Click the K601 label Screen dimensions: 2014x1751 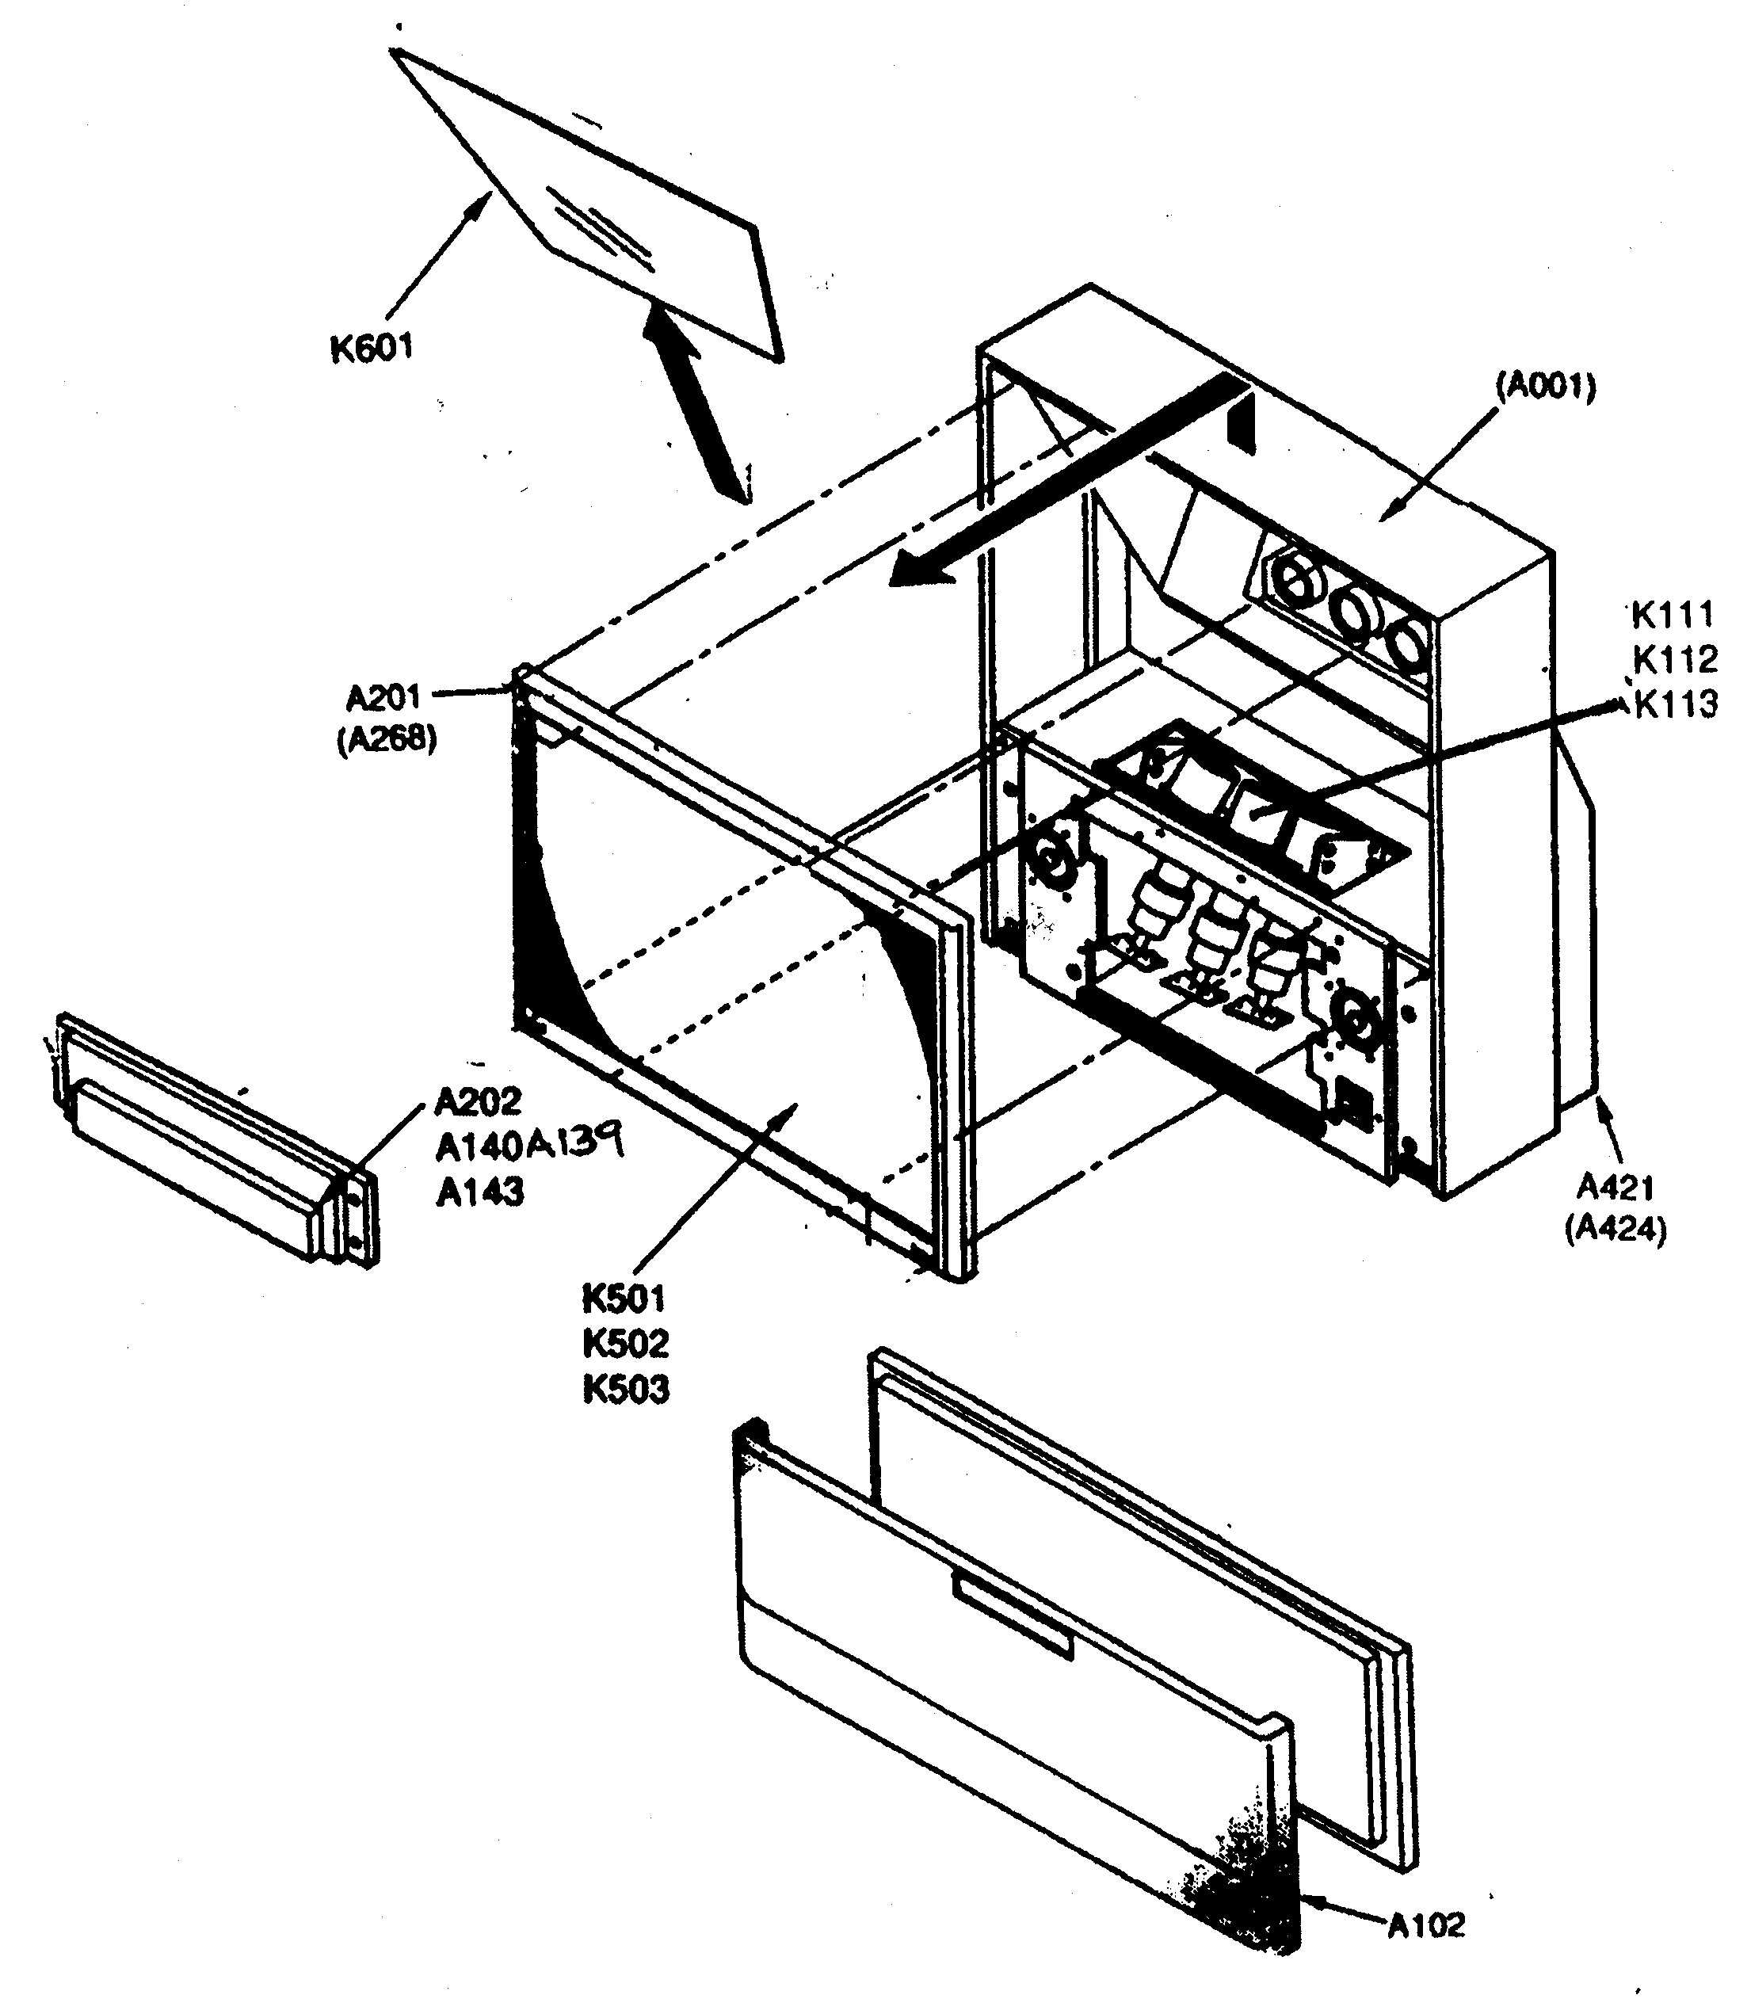(x=372, y=347)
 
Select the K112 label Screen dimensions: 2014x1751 (x=1675, y=660)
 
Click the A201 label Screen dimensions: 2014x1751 (x=383, y=698)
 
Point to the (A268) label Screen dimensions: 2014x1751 (x=387, y=740)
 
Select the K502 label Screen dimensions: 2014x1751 (x=625, y=1344)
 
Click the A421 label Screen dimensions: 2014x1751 (x=1616, y=1188)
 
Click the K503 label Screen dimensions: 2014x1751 (x=625, y=1389)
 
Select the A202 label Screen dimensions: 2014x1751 (x=477, y=1101)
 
